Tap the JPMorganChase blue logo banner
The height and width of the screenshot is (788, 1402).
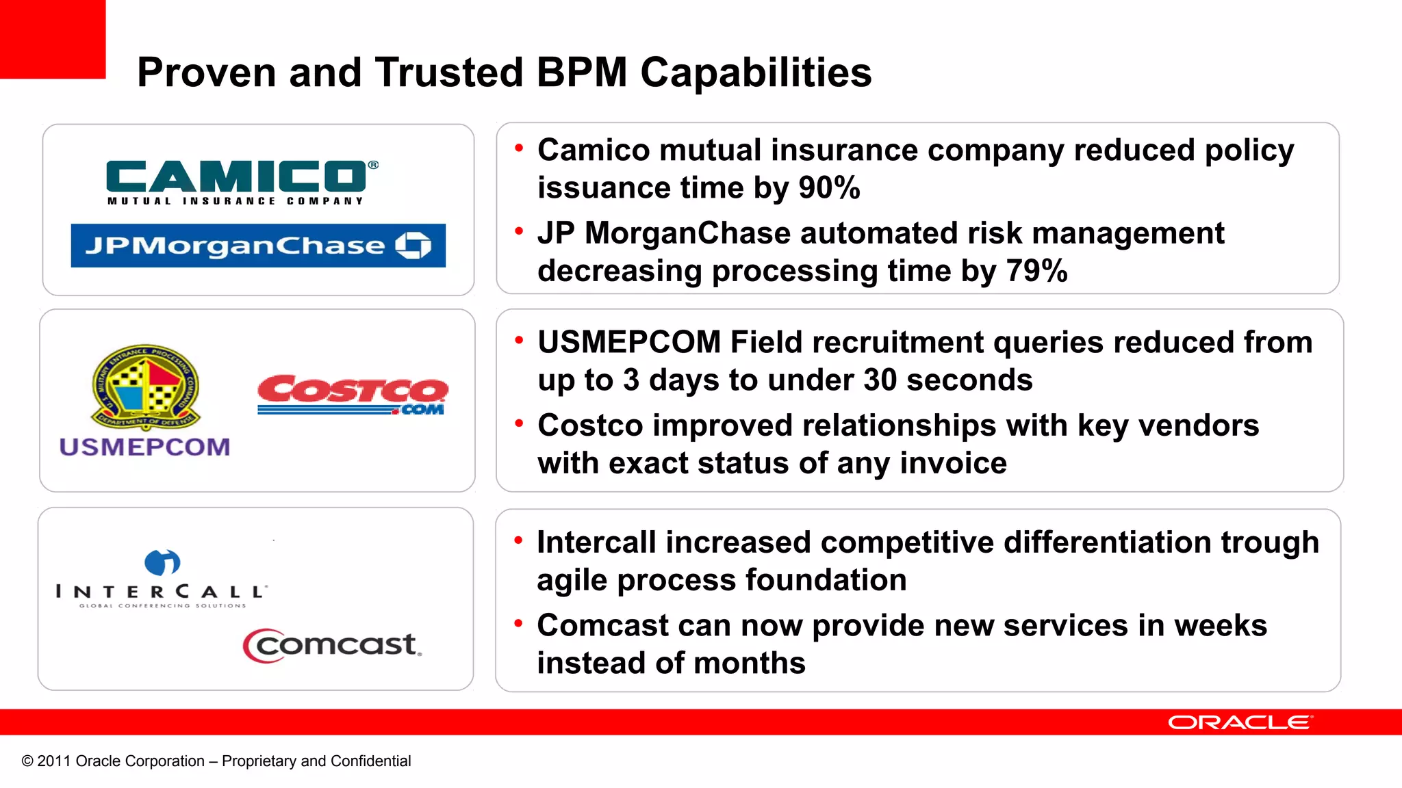pyautogui.click(x=257, y=246)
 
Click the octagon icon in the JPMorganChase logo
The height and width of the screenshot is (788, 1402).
pyautogui.click(x=413, y=245)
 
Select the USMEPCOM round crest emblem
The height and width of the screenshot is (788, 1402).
pyautogui.click(x=146, y=386)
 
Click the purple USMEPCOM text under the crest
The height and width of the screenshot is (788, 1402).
pyautogui.click(x=144, y=447)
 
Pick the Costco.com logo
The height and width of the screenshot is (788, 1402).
pyautogui.click(x=353, y=394)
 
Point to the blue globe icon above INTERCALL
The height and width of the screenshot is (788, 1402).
pyautogui.click(x=162, y=562)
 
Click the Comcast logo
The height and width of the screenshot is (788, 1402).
pyautogui.click(x=333, y=645)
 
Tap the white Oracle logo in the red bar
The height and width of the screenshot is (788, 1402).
pyautogui.click(x=1240, y=722)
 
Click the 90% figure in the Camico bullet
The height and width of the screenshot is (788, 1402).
pyautogui.click(x=829, y=187)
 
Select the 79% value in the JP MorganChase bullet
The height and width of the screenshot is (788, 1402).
pyautogui.click(x=1036, y=271)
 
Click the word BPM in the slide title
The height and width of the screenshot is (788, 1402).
pyautogui.click(x=581, y=73)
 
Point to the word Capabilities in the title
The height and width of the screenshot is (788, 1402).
pyautogui.click(x=756, y=73)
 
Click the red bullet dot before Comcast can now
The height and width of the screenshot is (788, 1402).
pyautogui.click(x=518, y=622)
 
